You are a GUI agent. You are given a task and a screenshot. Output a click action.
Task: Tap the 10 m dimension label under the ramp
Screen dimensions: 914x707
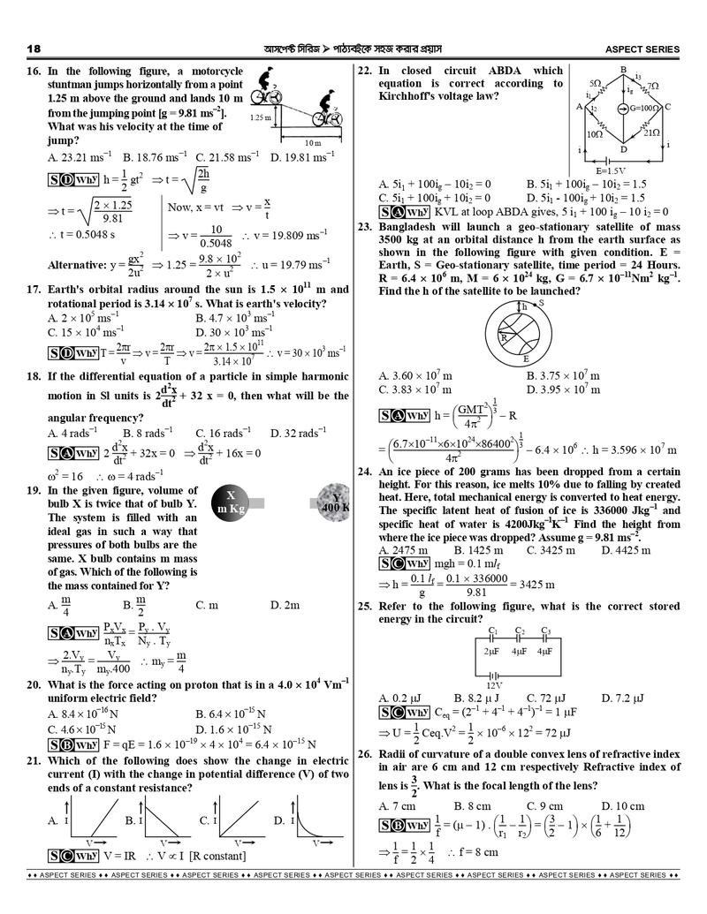(312, 142)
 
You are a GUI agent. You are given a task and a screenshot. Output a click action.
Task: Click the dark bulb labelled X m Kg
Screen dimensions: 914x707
(230, 502)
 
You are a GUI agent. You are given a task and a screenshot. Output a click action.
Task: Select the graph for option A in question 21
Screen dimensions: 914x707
(93, 821)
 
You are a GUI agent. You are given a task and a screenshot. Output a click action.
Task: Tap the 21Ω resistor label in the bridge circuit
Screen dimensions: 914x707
(651, 132)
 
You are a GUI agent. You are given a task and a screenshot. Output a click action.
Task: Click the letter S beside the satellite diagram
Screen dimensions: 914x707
(541, 303)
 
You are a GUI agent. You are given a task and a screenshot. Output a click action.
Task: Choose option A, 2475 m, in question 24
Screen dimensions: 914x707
(398, 550)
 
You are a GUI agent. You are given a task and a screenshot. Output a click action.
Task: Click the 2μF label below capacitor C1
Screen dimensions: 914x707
(493, 651)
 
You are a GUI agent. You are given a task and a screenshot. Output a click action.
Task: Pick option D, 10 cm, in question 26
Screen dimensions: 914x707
(623, 806)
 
